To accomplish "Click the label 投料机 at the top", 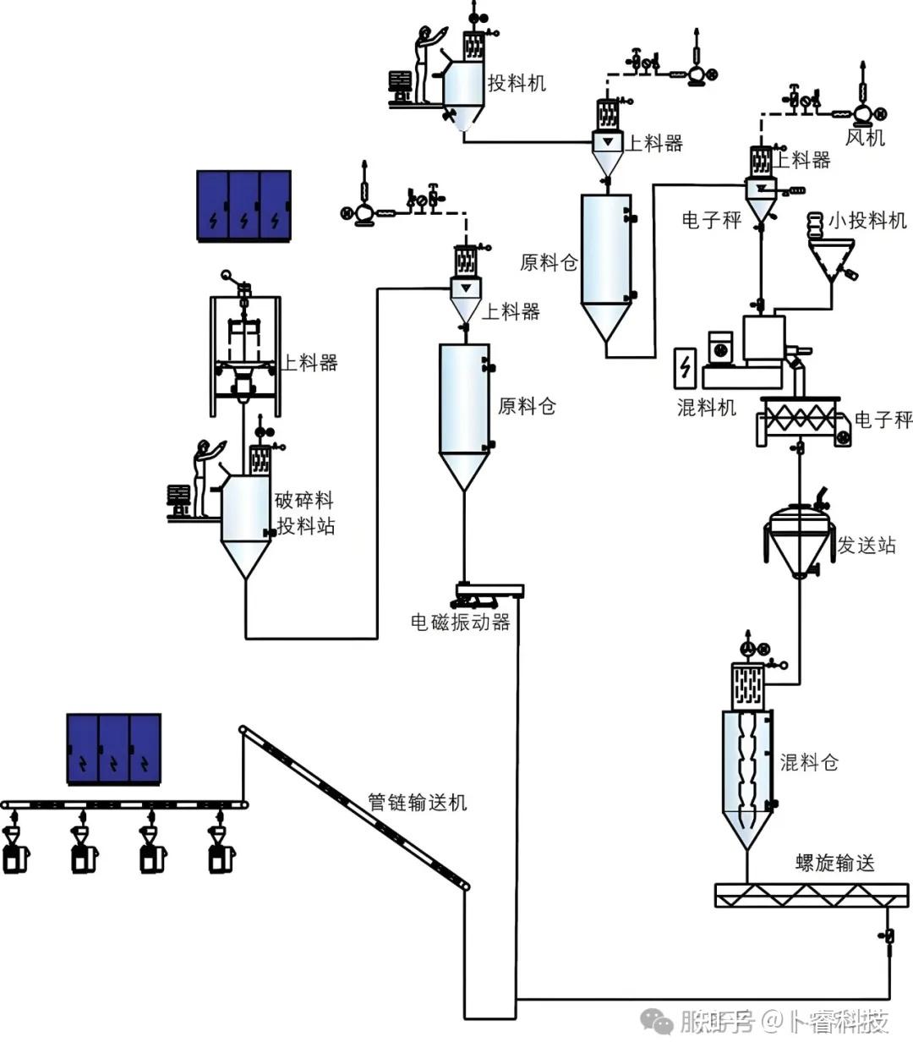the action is (517, 83).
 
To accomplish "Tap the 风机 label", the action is (865, 137).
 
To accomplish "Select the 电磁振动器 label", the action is (461, 622).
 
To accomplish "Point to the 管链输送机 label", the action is (418, 803).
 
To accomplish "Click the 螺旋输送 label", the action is (835, 863).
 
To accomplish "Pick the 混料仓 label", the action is (809, 762).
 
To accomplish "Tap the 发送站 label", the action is (867, 545).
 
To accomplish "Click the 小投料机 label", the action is (867, 221).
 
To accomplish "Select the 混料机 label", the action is (707, 408).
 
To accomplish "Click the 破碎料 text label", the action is (304, 501).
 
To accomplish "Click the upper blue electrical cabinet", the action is (244, 206).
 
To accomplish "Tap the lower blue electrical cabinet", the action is (113, 749).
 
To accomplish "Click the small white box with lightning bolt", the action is (685, 368).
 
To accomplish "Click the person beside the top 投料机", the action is (426, 64).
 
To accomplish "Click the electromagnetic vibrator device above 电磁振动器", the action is (489, 595).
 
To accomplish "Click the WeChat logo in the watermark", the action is (658, 1020).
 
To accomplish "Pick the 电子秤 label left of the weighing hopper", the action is (712, 220).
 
